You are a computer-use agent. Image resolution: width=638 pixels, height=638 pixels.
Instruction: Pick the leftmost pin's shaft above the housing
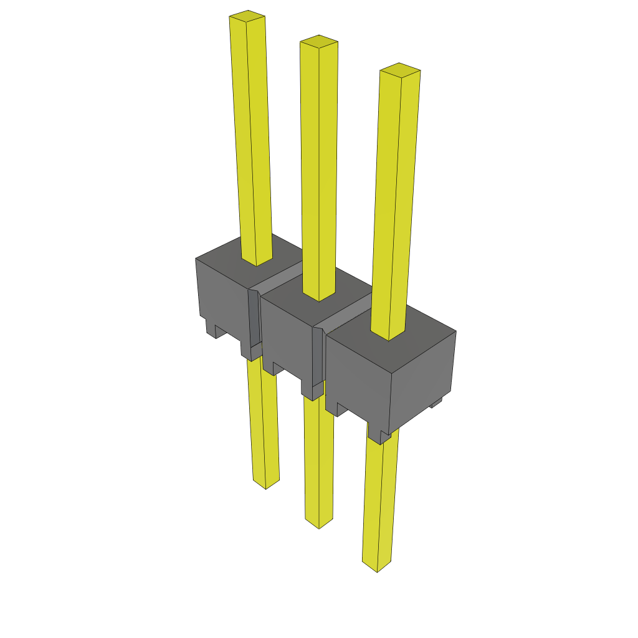pos(252,137)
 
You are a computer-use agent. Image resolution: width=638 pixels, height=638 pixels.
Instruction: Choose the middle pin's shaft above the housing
pos(319,168)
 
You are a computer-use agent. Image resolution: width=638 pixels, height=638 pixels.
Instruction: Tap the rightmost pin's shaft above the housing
pos(395,199)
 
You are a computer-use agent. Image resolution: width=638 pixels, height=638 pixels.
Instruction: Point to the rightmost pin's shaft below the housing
pos(381,498)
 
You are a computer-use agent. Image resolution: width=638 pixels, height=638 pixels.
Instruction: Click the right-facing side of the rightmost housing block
pos(424,380)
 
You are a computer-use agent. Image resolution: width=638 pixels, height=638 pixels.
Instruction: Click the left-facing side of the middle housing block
pos(287,336)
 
